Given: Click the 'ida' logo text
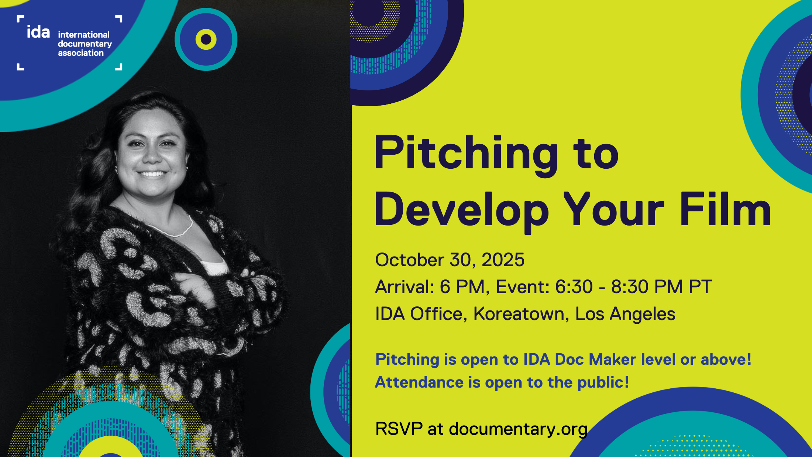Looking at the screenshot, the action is (x=38, y=32).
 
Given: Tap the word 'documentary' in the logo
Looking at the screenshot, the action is (x=85, y=44).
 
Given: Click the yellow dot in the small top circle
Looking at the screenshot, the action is (x=206, y=39).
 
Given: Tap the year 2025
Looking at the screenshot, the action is (x=503, y=260).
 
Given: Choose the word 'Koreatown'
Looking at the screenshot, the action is (x=519, y=314).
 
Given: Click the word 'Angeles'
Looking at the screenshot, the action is (x=643, y=315).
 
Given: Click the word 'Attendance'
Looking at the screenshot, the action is (x=419, y=382).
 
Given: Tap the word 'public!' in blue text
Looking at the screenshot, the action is (x=603, y=383).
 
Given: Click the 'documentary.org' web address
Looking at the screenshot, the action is (x=518, y=429).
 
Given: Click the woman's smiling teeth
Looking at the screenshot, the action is (x=152, y=173).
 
